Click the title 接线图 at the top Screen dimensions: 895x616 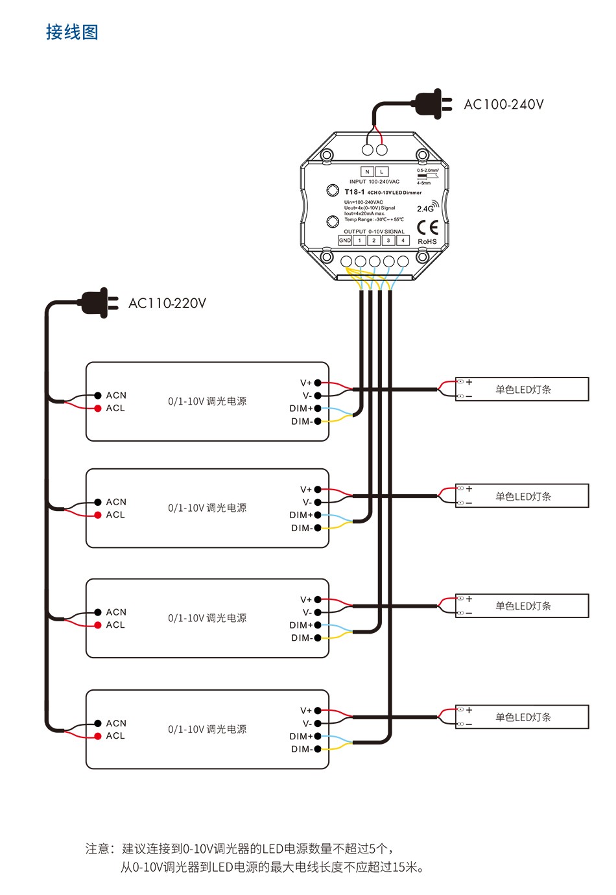[x=72, y=32]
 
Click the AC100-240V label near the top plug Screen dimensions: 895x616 [x=503, y=104]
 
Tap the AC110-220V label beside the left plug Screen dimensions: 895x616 [x=167, y=303]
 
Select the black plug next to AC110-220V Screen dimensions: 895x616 [x=97, y=302]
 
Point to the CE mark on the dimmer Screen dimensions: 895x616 [x=427, y=227]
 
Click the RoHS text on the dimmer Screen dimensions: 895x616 [x=427, y=241]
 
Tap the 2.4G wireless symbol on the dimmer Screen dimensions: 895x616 [x=427, y=208]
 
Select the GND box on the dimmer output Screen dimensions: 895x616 [x=345, y=241]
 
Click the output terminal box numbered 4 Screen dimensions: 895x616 [x=403, y=241]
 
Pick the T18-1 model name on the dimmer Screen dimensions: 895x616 [x=354, y=192]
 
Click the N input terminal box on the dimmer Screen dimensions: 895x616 [x=367, y=172]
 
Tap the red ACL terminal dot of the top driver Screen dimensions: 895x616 [x=98, y=408]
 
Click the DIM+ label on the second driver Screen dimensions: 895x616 [x=301, y=515]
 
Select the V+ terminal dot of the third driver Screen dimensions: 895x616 [x=318, y=600]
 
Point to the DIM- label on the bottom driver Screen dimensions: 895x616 [x=301, y=749]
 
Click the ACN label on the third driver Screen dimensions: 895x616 [x=116, y=612]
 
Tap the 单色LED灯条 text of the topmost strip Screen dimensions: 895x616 [x=523, y=390]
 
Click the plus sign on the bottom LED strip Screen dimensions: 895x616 [x=469, y=710]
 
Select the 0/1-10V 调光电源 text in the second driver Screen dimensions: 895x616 [x=207, y=508]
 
